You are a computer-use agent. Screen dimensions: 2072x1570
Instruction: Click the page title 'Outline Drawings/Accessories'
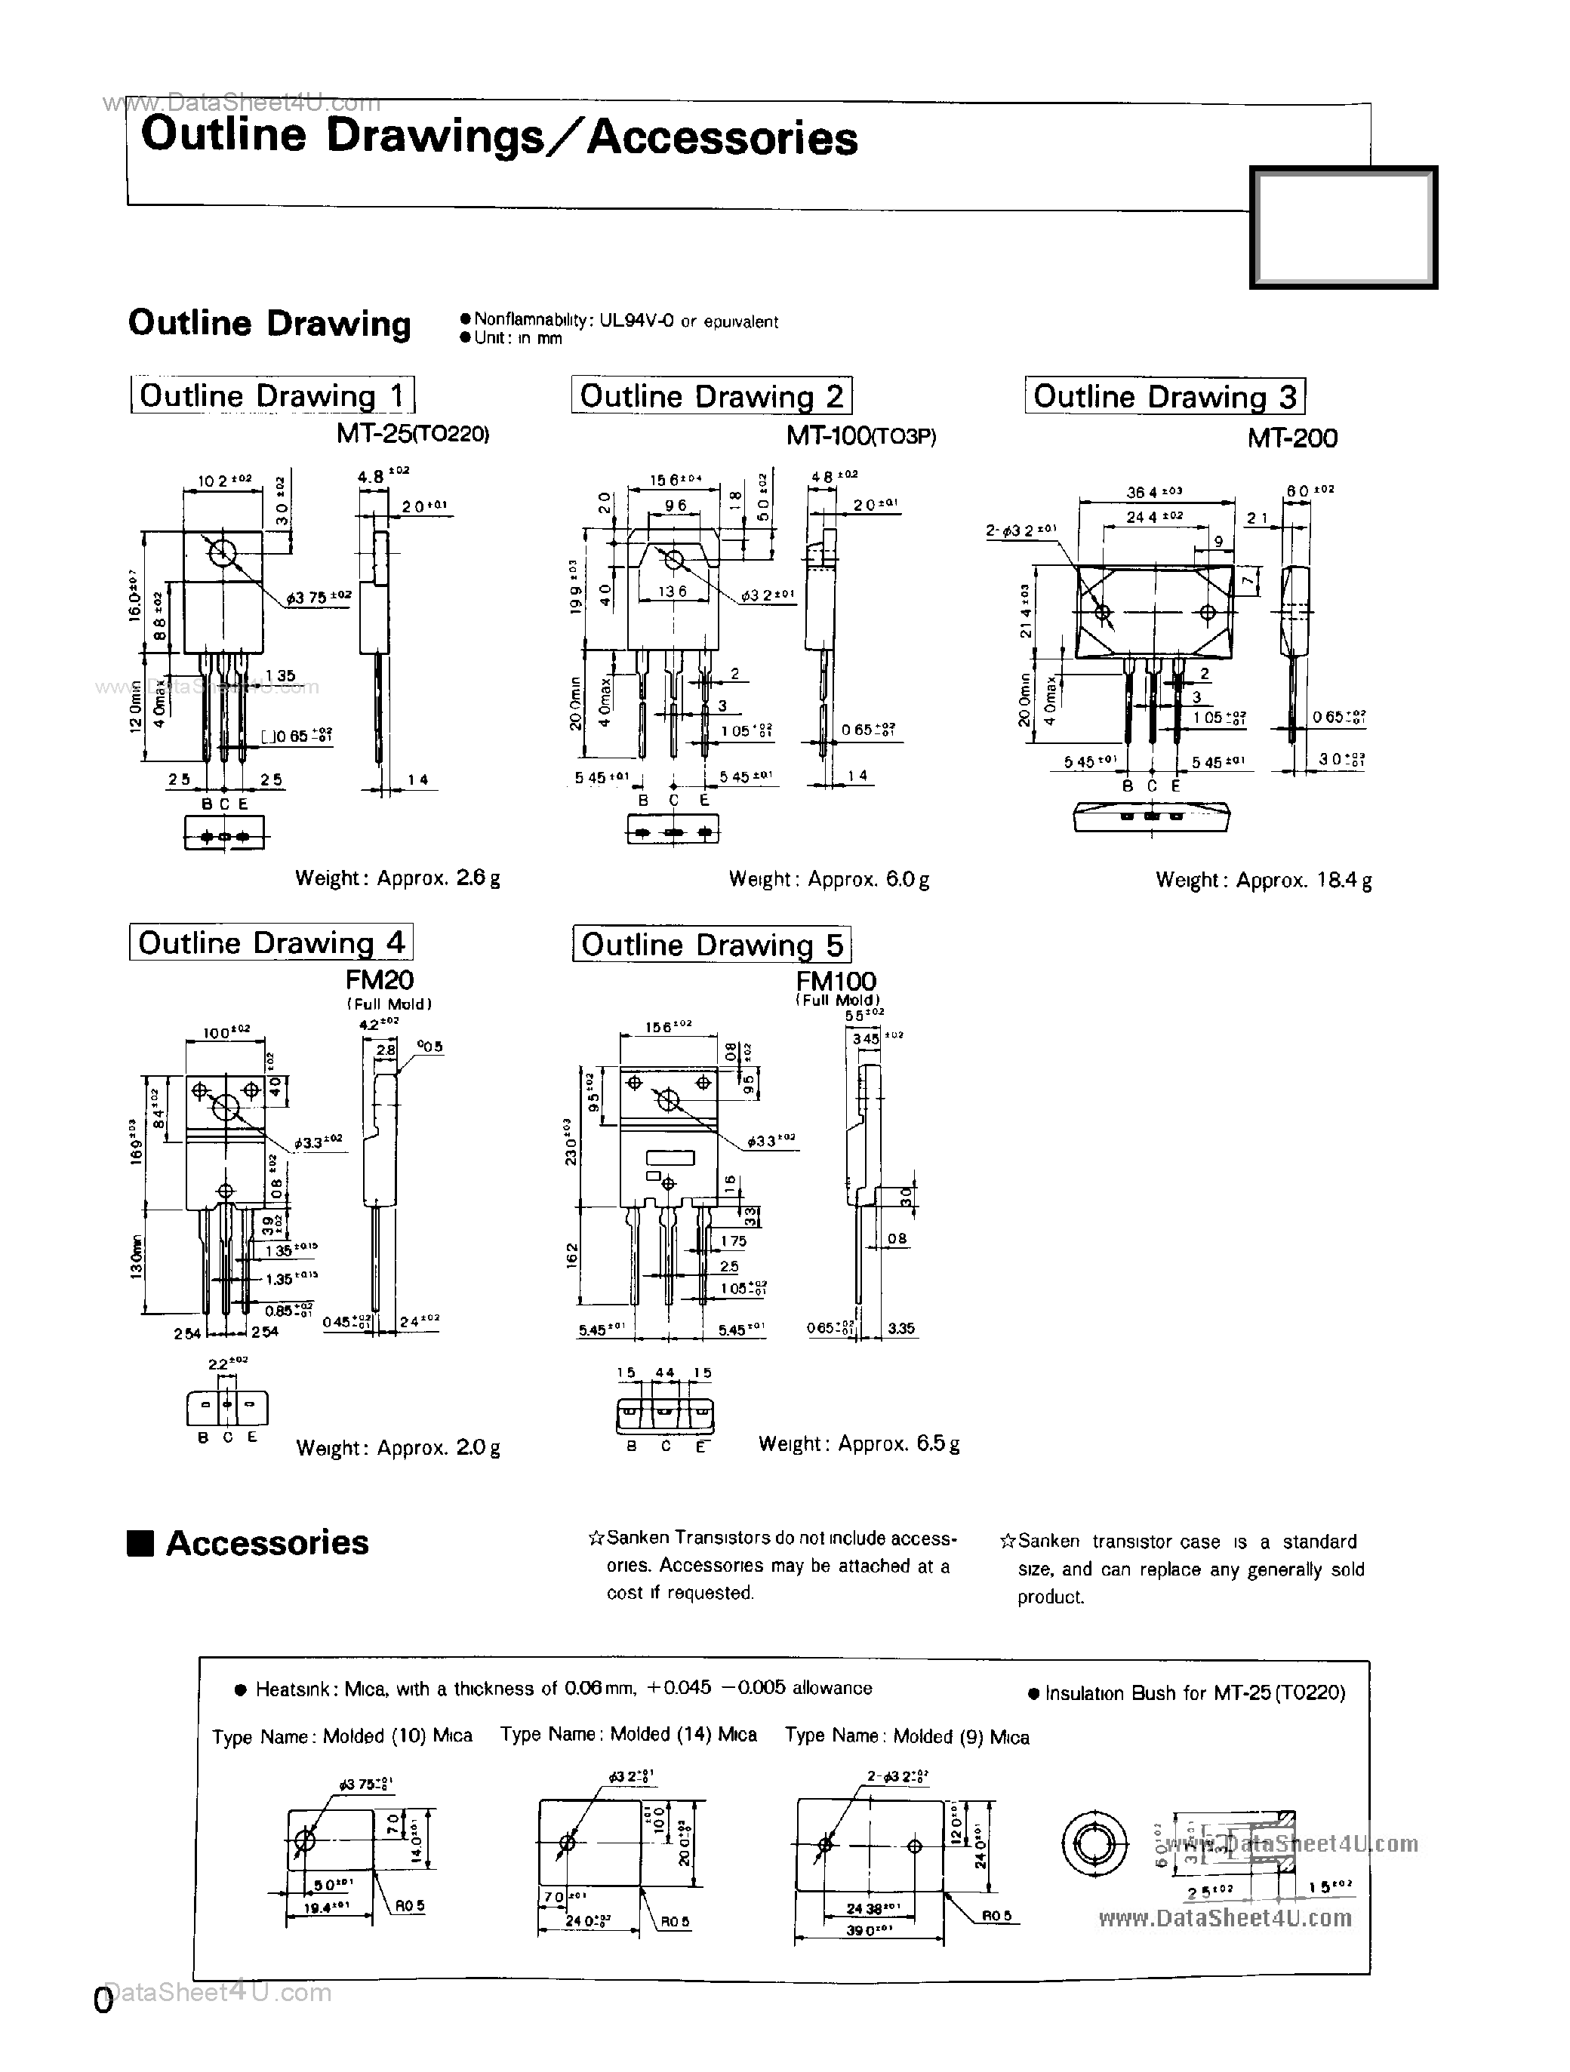pos(498,137)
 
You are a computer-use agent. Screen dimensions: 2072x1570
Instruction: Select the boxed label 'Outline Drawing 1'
pos(272,395)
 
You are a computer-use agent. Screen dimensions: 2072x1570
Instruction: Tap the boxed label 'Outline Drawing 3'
pos(1165,396)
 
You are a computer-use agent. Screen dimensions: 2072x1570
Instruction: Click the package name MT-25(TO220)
pos(412,435)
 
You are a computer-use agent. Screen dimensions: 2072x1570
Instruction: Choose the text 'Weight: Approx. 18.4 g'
pos(1263,880)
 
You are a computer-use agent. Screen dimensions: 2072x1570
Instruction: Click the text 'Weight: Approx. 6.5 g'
pos(858,1443)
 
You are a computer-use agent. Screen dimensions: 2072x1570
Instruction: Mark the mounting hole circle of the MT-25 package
pos(222,552)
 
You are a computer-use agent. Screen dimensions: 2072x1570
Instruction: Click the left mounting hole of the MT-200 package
pos(1104,613)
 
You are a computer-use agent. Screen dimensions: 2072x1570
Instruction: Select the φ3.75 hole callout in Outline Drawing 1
pos(319,597)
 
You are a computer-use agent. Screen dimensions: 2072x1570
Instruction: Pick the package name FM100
pos(836,981)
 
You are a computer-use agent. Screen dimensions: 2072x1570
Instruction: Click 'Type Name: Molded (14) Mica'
pos(628,1734)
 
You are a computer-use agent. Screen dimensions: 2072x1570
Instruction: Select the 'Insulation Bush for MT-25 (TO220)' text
pos(1186,1692)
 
